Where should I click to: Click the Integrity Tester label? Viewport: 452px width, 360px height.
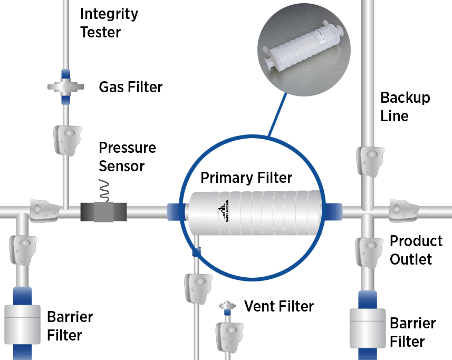pos(109,23)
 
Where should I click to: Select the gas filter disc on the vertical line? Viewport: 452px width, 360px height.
pos(66,86)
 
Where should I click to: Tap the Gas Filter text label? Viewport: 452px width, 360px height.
pos(130,86)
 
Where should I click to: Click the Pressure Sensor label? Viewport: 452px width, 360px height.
pos(127,157)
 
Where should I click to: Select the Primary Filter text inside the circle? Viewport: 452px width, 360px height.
pos(246,178)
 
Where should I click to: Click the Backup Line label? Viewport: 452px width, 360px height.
pos(405,106)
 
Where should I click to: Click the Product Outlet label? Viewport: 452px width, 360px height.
pos(415,250)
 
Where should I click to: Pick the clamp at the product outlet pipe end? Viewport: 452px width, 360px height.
pos(403,209)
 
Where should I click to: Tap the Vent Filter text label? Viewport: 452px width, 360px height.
pos(278,306)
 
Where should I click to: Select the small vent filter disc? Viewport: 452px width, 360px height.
pos(226,306)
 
